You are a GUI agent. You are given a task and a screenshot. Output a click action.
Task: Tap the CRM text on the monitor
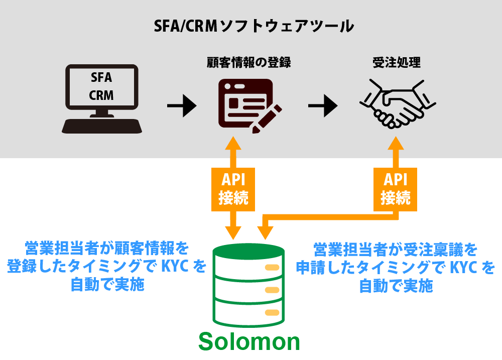(101, 95)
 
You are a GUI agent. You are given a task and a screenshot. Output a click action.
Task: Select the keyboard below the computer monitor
(102, 126)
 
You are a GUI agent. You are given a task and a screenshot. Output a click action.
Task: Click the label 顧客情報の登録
(249, 63)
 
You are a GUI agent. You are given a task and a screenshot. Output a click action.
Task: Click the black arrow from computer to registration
(181, 105)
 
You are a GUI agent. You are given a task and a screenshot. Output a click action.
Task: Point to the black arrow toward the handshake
(323, 105)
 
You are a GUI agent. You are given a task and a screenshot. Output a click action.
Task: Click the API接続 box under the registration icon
(233, 189)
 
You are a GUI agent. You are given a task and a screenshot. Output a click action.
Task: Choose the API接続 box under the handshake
(396, 189)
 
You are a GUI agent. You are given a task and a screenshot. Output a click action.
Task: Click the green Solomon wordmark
(249, 341)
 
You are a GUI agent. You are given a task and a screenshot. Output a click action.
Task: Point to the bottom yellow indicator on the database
(272, 312)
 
